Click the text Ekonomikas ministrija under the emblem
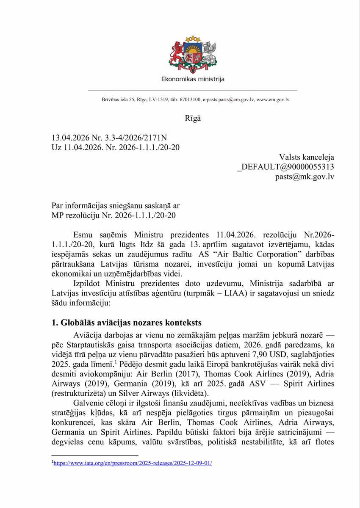193,79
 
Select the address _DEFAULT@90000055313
285,167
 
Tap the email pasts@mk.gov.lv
305,177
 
